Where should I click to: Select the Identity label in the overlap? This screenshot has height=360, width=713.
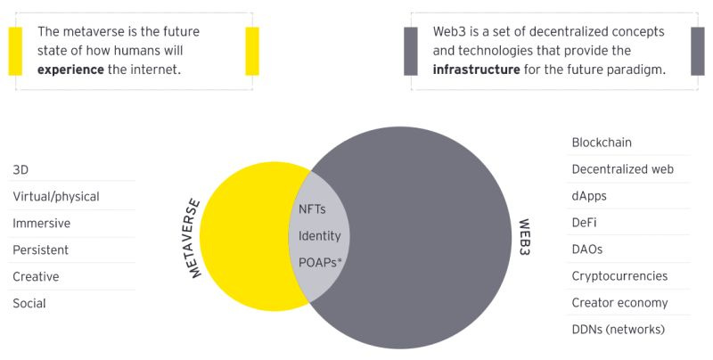(x=320, y=237)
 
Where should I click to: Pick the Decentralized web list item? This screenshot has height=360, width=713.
(x=622, y=169)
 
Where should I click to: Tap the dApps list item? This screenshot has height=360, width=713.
(x=589, y=196)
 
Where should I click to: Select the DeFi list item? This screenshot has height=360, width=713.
(x=586, y=223)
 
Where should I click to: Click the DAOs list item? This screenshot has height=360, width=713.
(x=587, y=250)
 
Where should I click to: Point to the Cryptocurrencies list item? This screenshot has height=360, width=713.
(x=619, y=276)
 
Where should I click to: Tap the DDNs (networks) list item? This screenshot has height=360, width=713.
(x=618, y=330)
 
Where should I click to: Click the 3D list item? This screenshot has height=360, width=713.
(x=20, y=169)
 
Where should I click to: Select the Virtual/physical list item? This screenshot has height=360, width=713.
(x=55, y=196)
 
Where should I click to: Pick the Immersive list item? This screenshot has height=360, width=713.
(x=41, y=223)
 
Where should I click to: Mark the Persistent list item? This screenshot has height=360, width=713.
(x=40, y=250)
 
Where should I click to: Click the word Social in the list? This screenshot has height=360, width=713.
(x=29, y=303)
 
